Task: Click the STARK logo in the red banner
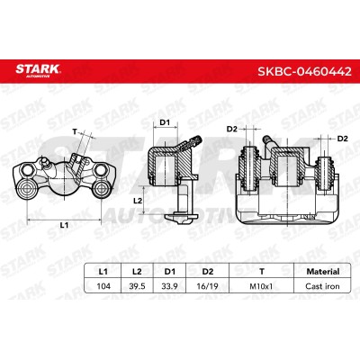click(38, 71)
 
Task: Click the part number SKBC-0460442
click(304, 72)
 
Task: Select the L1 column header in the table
click(103, 272)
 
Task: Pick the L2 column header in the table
click(137, 272)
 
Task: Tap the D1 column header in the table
click(170, 272)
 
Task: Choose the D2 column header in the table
click(208, 272)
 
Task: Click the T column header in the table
click(262, 272)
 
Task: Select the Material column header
click(323, 272)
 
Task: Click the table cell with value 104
click(103, 286)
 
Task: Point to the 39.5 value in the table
click(137, 286)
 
